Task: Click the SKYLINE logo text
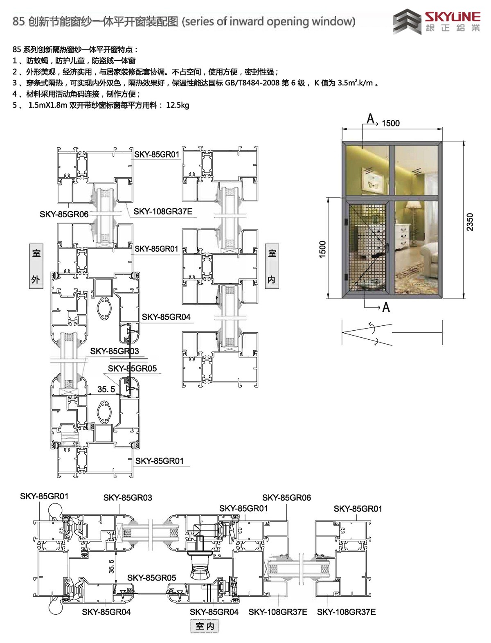[x=453, y=17]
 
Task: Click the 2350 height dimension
[x=470, y=222]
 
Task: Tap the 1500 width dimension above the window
[x=391, y=123]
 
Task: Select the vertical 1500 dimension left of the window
[x=322, y=249]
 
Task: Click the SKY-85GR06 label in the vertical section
[x=64, y=214]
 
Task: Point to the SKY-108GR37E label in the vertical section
[x=163, y=211]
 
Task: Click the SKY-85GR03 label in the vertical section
[x=115, y=351]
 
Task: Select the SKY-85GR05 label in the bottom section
[x=152, y=578]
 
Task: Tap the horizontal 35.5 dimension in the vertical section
[x=106, y=389]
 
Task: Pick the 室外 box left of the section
[x=36, y=266]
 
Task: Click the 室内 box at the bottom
[x=205, y=626]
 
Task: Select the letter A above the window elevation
[x=371, y=119]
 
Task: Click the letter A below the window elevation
[x=386, y=307]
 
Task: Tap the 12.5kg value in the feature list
[x=178, y=105]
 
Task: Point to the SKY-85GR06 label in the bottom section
[x=286, y=497]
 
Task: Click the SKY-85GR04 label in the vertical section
[x=166, y=317]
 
